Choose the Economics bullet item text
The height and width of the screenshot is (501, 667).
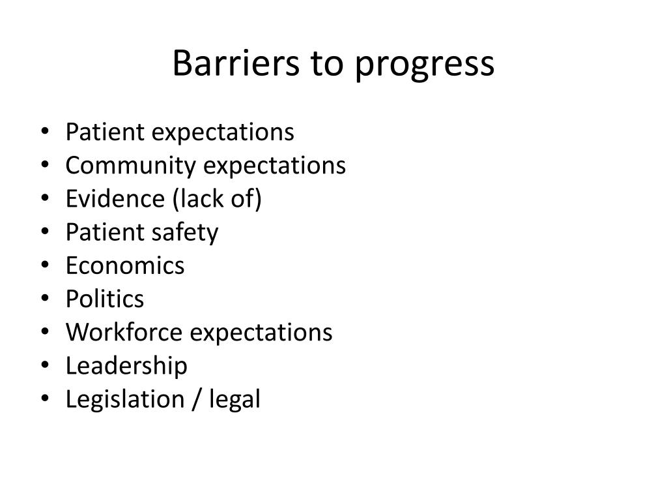(x=125, y=266)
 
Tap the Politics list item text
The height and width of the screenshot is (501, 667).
(x=105, y=299)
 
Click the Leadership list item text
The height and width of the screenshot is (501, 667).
(x=126, y=365)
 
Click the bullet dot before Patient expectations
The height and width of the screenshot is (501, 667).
(x=44, y=133)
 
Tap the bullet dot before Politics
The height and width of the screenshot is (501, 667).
(x=44, y=299)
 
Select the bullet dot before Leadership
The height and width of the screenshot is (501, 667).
(x=44, y=366)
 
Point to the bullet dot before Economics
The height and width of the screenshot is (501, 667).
(x=44, y=266)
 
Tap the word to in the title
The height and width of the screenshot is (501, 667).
(x=322, y=64)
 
